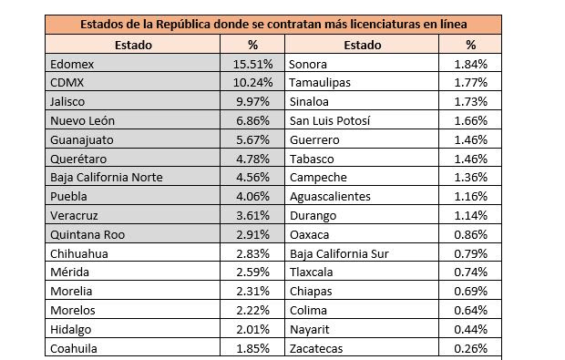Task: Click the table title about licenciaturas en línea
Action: [273, 24]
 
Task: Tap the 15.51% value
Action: [252, 64]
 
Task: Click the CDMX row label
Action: [67, 83]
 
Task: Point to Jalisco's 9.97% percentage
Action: [252, 102]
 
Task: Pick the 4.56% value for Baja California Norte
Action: [252, 178]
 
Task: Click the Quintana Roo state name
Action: [87, 234]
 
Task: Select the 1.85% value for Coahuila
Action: [252, 348]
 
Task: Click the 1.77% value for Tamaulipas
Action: [470, 83]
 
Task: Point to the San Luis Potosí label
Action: [330, 120]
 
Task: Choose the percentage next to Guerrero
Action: [470, 139]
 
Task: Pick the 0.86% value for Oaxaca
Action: [470, 234]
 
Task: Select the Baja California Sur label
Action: [339, 253]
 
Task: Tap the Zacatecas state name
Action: [316, 348]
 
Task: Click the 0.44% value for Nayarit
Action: [470, 329]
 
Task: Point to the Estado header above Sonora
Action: [363, 45]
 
